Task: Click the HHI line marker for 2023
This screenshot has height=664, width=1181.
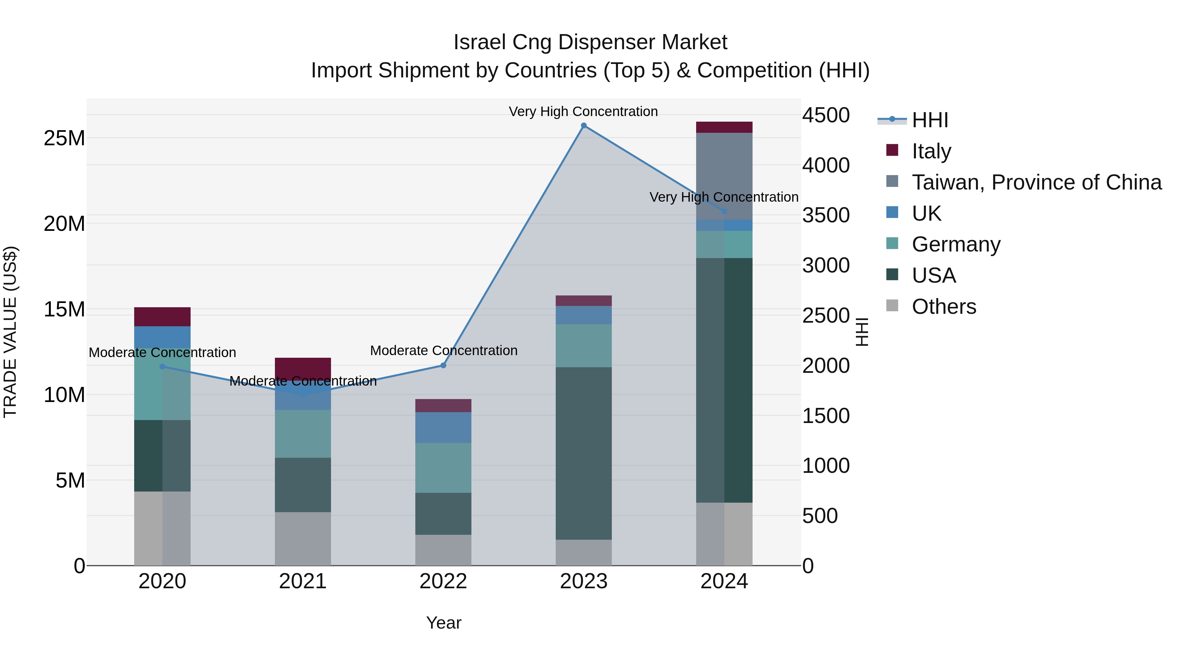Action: tap(584, 126)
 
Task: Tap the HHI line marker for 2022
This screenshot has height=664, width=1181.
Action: tap(443, 366)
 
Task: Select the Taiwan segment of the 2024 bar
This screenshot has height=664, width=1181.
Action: tap(724, 176)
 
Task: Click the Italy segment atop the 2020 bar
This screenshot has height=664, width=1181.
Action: tap(162, 317)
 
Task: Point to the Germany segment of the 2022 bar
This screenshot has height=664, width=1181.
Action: tap(443, 468)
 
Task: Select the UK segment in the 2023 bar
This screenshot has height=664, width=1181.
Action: tap(584, 315)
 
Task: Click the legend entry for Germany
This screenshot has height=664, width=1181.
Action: tap(956, 244)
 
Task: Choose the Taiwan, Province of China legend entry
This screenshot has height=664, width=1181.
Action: tap(1036, 182)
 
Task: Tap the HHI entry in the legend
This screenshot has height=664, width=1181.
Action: tap(930, 120)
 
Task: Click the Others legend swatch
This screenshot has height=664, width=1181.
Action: tap(892, 306)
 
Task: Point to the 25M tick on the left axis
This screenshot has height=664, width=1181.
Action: tap(64, 138)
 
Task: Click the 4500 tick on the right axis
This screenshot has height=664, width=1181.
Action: tap(826, 115)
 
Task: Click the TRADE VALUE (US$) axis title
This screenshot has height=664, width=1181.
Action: tap(10, 332)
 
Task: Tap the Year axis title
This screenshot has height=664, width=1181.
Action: tap(443, 623)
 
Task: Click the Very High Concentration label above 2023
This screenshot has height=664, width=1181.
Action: tap(583, 111)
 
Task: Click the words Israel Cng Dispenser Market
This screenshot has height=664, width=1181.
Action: tap(590, 42)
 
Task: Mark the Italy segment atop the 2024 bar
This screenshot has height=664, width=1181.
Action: tap(724, 128)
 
